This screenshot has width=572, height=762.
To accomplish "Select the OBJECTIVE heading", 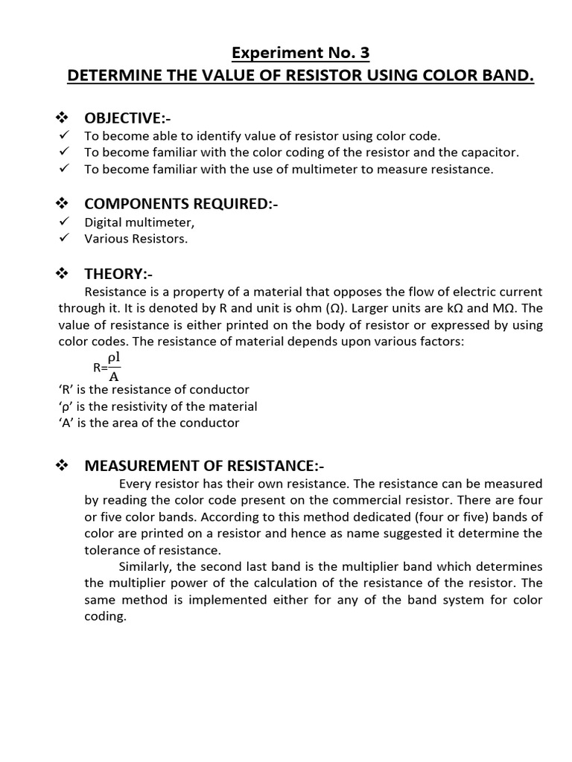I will tap(124, 118).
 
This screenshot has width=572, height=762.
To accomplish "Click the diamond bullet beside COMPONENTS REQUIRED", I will tap(63, 204).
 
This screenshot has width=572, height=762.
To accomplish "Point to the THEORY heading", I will tap(118, 275).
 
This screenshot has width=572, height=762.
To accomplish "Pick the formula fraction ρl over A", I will tap(114, 366).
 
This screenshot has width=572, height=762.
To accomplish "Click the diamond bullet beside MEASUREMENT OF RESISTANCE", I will tap(63, 466).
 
